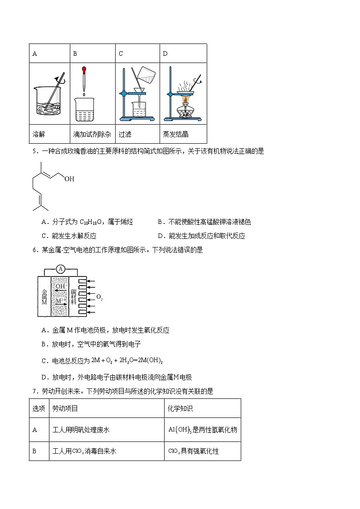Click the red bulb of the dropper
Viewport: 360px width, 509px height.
84,70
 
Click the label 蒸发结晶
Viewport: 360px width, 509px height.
175,134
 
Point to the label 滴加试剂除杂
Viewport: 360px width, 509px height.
92,134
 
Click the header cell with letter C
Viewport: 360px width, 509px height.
121,53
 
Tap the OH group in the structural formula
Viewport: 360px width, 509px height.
69,179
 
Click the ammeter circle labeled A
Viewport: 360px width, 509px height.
61,269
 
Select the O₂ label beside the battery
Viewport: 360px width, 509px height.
99,298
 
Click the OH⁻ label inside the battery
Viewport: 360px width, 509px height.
60,286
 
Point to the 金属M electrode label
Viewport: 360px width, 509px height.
44,296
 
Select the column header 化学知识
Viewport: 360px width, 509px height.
180,408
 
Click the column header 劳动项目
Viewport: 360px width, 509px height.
65,408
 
